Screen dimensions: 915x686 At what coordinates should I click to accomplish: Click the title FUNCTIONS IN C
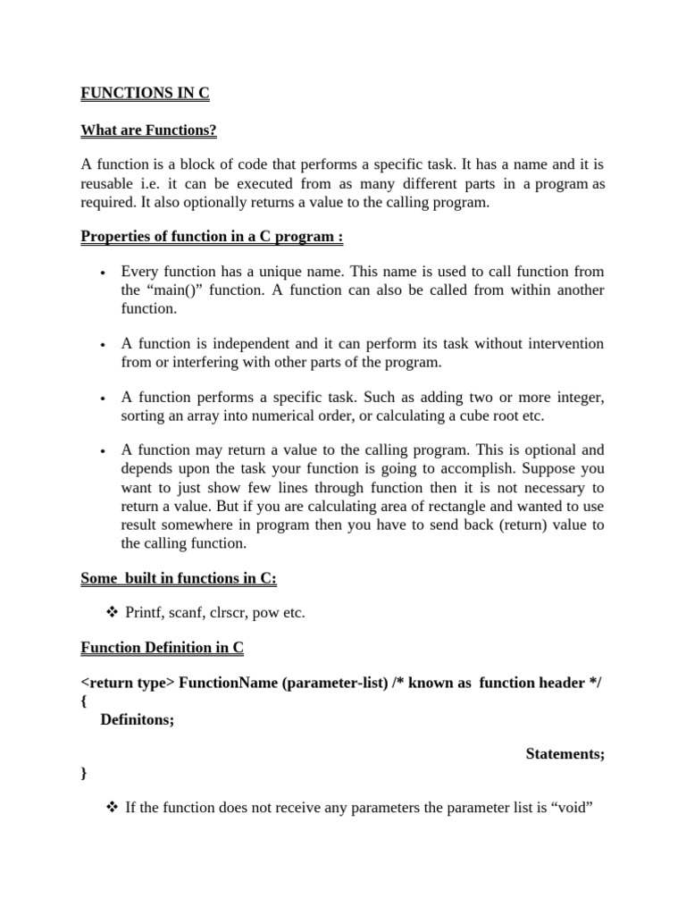[145, 94]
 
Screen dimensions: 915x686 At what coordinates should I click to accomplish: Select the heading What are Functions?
[148, 130]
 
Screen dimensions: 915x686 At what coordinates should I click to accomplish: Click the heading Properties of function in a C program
[212, 237]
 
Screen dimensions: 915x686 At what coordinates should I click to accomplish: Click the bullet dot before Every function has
[104, 273]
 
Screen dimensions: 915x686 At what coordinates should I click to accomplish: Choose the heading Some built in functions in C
[179, 578]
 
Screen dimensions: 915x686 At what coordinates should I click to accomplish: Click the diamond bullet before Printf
[112, 613]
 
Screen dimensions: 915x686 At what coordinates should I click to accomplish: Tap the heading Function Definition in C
[162, 647]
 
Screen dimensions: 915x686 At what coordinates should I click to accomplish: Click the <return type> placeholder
[128, 684]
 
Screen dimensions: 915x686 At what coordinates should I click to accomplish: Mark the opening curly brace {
[84, 701]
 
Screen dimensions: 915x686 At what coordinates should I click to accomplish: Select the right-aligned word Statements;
[565, 754]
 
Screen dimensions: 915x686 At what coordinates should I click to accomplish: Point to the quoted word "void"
[573, 808]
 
